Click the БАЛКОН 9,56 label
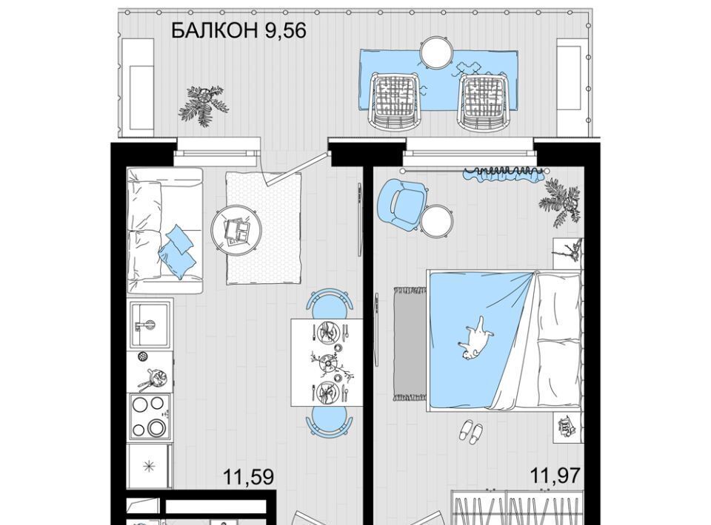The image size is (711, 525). (239, 30)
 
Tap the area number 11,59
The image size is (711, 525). (249, 477)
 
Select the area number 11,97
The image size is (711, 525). (555, 475)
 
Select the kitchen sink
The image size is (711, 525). (150, 323)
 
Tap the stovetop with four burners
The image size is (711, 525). (150, 416)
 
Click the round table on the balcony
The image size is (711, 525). (436, 52)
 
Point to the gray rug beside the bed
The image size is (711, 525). (410, 344)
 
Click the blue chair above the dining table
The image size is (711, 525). (330, 302)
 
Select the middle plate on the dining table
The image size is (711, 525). (326, 361)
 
